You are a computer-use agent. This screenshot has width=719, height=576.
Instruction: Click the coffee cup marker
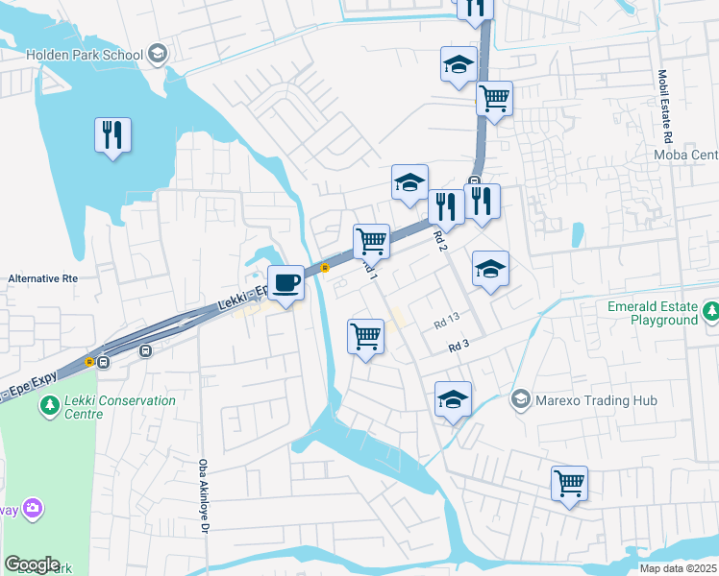pyautogui.click(x=285, y=282)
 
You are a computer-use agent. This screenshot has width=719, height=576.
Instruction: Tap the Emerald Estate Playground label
pyautogui.click(x=652, y=314)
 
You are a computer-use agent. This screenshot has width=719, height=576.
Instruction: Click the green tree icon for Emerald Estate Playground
pyautogui.click(x=710, y=311)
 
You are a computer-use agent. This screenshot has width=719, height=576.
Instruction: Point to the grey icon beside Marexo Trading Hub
pyautogui.click(x=520, y=397)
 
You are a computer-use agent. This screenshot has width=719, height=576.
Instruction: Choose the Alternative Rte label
pyautogui.click(x=41, y=278)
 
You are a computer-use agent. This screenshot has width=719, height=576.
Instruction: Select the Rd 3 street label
pyautogui.click(x=459, y=345)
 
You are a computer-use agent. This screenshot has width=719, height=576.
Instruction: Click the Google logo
pyautogui.click(x=32, y=564)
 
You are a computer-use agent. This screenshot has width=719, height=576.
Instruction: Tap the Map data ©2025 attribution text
pyautogui.click(x=678, y=568)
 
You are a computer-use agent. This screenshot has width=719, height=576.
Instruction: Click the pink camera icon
pyautogui.click(x=32, y=506)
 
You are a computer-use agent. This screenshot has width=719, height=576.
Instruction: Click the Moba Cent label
pyautogui.click(x=685, y=156)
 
